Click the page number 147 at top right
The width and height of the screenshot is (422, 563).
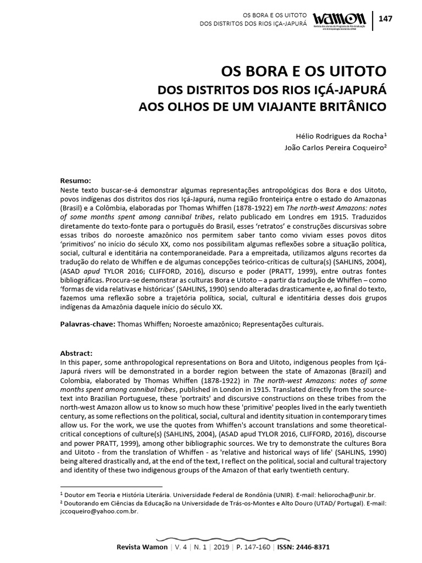tap(386, 19)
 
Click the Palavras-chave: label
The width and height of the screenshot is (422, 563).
tap(87, 324)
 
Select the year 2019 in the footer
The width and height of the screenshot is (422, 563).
tap(221, 548)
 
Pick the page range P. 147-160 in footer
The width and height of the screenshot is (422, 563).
tap(253, 548)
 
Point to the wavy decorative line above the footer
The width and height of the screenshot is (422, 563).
tap(211, 537)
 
